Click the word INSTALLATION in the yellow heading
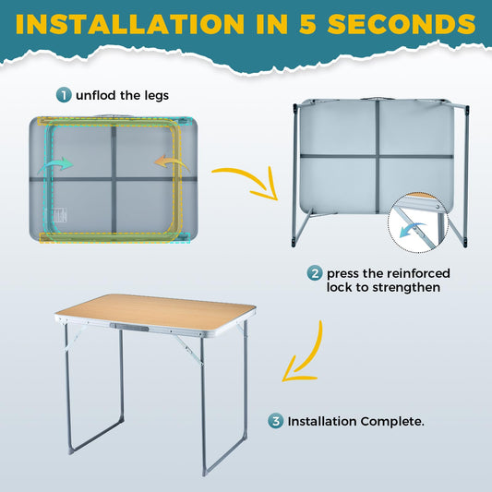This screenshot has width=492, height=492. pyautogui.click(x=130, y=24)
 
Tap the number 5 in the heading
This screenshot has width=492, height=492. pyautogui.click(x=307, y=24)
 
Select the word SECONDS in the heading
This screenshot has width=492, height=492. pyautogui.click(x=402, y=24)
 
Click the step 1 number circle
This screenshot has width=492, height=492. pyautogui.click(x=64, y=95)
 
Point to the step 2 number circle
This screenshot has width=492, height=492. pyautogui.click(x=315, y=273)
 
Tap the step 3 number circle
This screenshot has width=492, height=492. pyautogui.click(x=275, y=421)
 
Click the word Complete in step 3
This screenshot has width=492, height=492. pyautogui.click(x=392, y=422)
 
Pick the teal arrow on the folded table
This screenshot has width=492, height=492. pyautogui.click(x=56, y=164)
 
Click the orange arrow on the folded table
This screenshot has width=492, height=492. pyautogui.click(x=172, y=162)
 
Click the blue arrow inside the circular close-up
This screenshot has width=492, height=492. pyautogui.click(x=412, y=229)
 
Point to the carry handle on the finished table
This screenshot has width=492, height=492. pyautogui.click(x=129, y=328)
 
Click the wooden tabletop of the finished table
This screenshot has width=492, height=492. pyautogui.click(x=155, y=311)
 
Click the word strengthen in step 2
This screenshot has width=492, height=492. pyautogui.click(x=406, y=287)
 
